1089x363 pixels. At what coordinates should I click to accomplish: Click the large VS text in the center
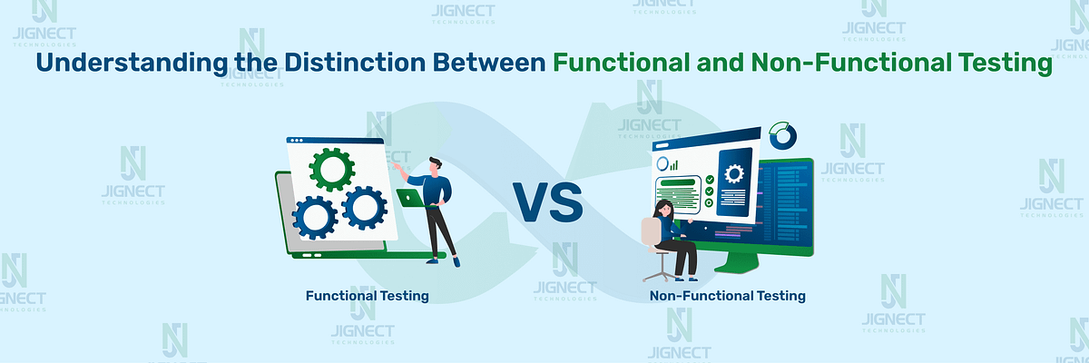pos(549,201)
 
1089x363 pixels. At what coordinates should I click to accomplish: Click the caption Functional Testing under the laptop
pos(367,296)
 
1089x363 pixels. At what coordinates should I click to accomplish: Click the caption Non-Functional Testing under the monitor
pos(727,296)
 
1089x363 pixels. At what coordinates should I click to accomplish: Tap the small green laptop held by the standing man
pos(410,196)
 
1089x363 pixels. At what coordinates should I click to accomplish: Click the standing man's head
pos(437,165)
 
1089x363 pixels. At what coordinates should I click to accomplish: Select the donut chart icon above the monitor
pos(781,137)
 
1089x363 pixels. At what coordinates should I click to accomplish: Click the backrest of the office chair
pos(651,232)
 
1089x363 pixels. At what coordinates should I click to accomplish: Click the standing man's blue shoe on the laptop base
pos(456,261)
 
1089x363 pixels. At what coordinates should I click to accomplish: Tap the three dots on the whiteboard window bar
pos(295,141)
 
